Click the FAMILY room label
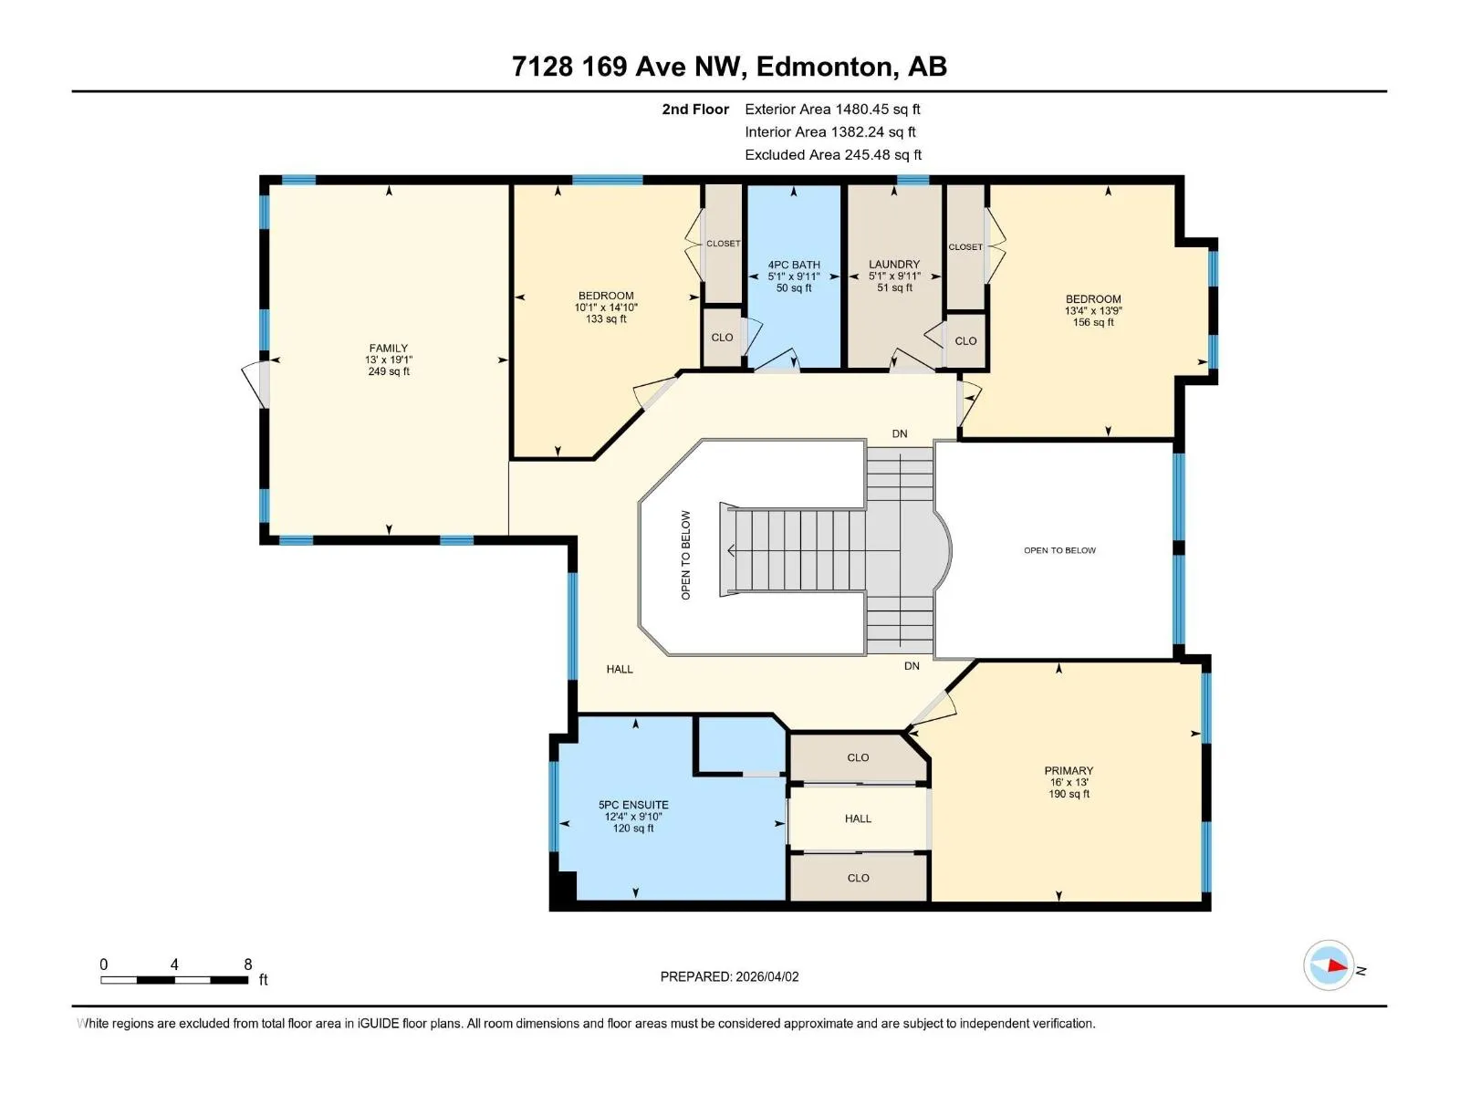[x=389, y=348]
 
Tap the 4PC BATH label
[x=794, y=265]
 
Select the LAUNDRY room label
[x=894, y=264]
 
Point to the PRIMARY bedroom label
[x=1069, y=770]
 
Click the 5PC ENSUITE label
[x=633, y=805]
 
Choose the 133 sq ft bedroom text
[x=605, y=318]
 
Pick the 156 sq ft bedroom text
[x=1093, y=322]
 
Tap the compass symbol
[x=1329, y=965]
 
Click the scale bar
[x=174, y=980]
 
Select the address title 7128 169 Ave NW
[x=625, y=67]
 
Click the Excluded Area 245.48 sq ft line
[x=833, y=155]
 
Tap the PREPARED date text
[x=729, y=976]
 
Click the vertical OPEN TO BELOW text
[x=686, y=555]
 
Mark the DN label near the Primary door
[x=912, y=665]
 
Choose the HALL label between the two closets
[x=858, y=819]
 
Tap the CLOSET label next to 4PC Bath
[x=723, y=244]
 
